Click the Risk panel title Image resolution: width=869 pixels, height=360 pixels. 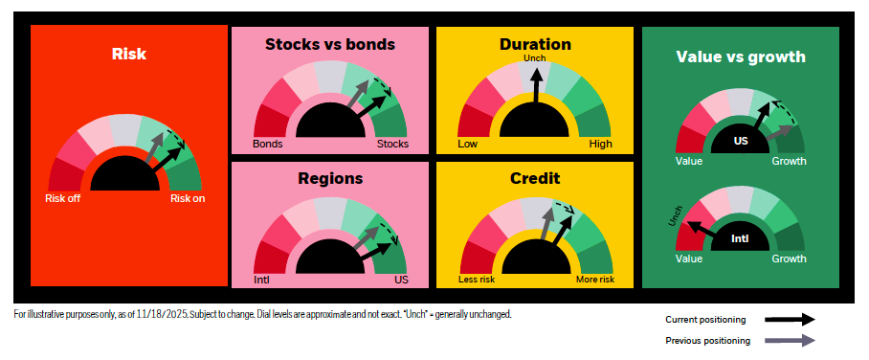[x=129, y=54]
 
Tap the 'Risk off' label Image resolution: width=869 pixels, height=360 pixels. [x=62, y=198]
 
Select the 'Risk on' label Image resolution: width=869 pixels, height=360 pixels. [x=188, y=198]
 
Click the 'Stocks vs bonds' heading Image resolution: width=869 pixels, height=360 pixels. [x=330, y=44]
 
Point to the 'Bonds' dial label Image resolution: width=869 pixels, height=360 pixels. [x=268, y=145]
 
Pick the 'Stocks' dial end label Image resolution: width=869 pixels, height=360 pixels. [x=392, y=145]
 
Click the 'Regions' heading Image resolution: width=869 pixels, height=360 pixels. [x=330, y=178]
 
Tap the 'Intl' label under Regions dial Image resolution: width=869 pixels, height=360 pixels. [x=261, y=280]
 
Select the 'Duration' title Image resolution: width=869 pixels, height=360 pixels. [x=535, y=44]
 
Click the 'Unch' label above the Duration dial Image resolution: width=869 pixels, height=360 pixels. [x=535, y=57]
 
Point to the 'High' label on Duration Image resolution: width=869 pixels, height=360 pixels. [x=601, y=145]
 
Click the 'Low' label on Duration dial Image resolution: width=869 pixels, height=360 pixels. [x=467, y=145]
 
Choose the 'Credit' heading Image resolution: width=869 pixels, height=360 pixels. [x=535, y=178]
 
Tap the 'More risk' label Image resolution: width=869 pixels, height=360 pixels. [x=595, y=280]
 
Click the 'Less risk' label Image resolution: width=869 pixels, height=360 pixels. [x=477, y=280]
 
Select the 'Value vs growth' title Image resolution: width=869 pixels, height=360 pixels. [x=741, y=56]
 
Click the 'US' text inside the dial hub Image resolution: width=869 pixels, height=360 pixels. [x=741, y=141]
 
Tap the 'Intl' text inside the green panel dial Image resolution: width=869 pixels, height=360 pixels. [x=740, y=239]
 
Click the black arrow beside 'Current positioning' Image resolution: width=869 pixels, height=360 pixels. [x=790, y=320]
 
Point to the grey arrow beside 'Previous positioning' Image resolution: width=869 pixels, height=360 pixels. [x=790, y=341]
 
